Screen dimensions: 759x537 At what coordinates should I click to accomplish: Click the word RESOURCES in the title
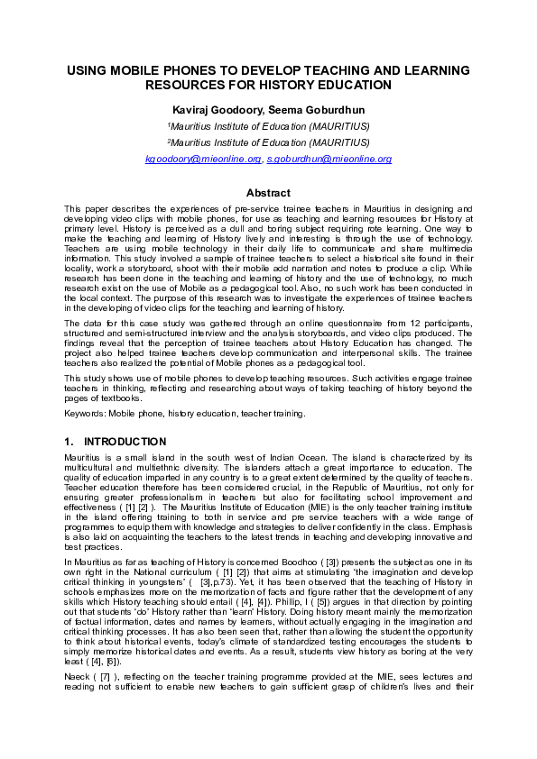pyautogui.click(x=187, y=86)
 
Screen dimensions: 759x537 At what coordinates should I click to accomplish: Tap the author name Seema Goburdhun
pyautogui.click(x=307, y=109)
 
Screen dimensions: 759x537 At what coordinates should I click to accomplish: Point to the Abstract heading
pyautogui.click(x=268, y=193)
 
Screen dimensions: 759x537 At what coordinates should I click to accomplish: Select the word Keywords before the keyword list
pyautogui.click(x=84, y=413)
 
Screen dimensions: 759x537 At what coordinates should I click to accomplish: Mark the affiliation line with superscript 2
pyautogui.click(x=268, y=142)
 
